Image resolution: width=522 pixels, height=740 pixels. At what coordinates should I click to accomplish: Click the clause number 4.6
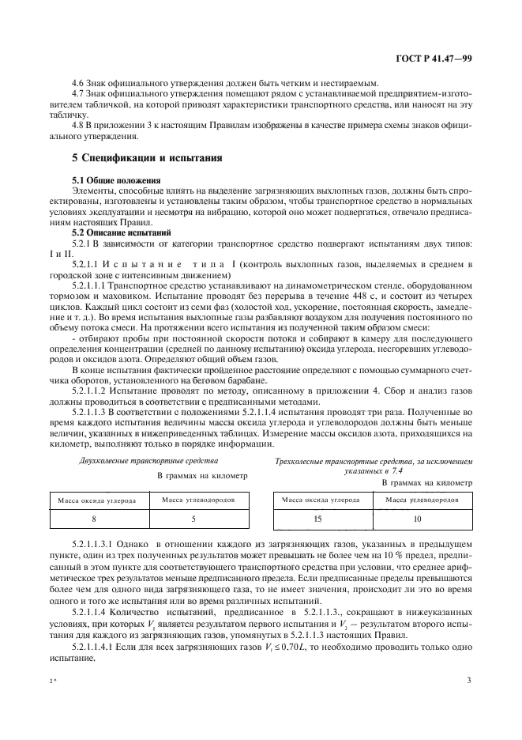click(79, 83)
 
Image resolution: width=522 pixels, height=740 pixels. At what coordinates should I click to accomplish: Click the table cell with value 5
click(193, 519)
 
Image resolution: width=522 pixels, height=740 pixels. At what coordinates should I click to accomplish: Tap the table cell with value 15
click(317, 519)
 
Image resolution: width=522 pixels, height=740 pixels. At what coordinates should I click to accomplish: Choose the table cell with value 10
click(417, 519)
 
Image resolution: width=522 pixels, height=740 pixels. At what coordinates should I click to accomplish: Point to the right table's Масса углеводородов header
click(417, 500)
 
